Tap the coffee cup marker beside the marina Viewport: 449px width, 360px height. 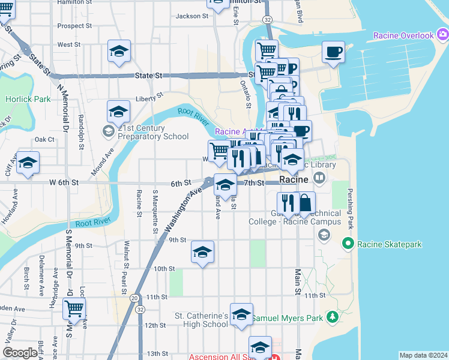[333, 52]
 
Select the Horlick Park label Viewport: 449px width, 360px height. [28, 99]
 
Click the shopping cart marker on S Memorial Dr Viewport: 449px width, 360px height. [74, 309]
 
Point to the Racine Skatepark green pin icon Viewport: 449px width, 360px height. [348, 244]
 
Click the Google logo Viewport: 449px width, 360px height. [19, 353]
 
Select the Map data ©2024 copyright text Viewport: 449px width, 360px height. [423, 355]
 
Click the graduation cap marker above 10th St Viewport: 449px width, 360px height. [202, 251]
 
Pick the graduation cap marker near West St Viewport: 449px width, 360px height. [119, 51]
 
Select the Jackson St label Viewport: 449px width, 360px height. [191, 16]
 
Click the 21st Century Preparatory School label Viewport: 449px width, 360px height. [153, 132]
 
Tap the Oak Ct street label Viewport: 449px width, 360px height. [44, 139]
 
